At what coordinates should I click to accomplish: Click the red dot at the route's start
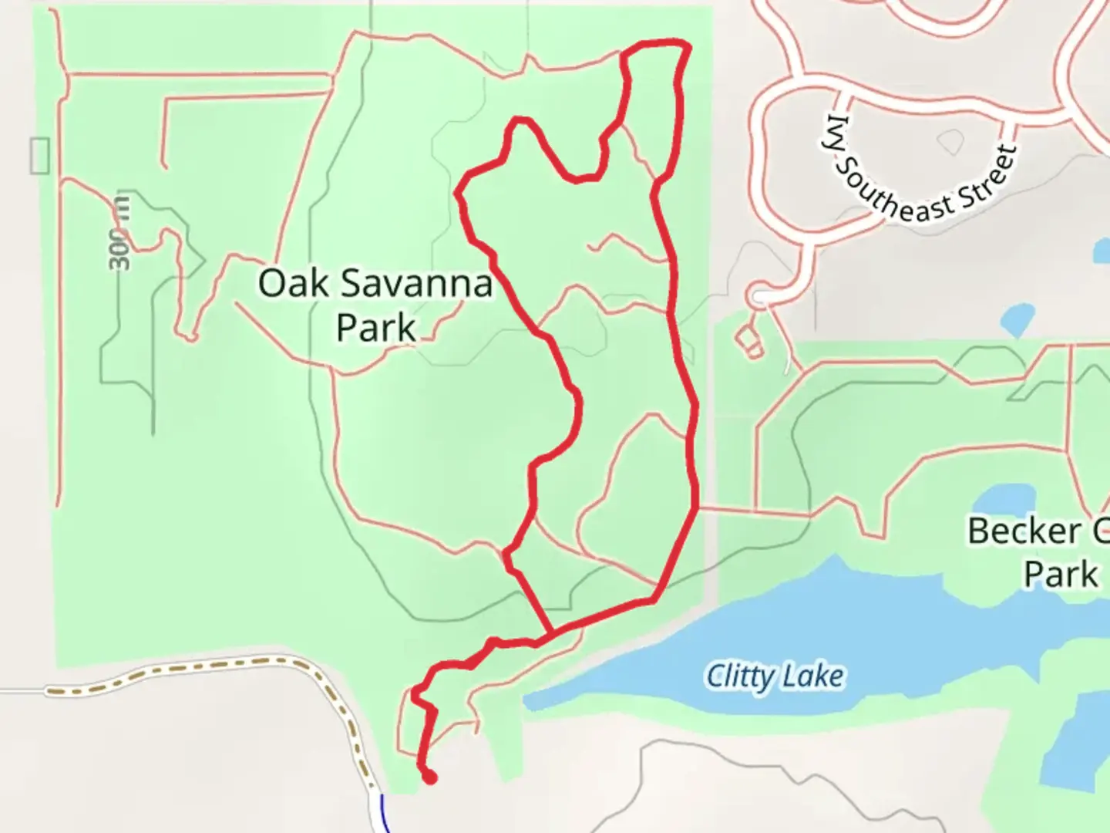(x=429, y=777)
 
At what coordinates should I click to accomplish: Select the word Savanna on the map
(x=416, y=284)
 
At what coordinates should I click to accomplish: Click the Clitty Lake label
(x=775, y=676)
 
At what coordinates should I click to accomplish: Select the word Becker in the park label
(x=1024, y=531)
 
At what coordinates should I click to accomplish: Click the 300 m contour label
(x=119, y=232)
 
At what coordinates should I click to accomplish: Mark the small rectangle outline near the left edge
(x=39, y=155)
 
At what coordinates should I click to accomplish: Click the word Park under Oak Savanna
(x=376, y=327)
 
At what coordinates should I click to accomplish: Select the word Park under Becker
(x=1061, y=575)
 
